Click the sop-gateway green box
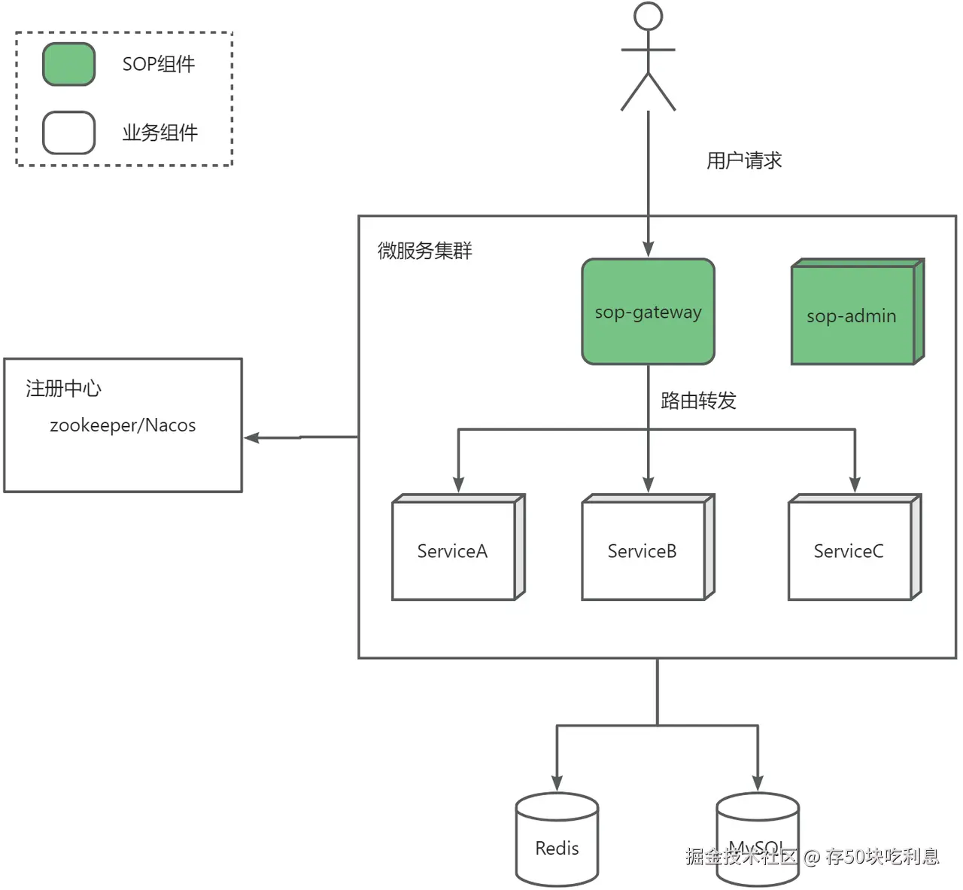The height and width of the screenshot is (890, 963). [648, 312]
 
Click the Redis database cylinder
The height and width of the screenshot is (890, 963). [557, 840]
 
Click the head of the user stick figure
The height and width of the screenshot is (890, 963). [648, 16]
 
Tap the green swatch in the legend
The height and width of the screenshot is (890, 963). [68, 64]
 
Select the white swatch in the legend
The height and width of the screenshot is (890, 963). [68, 133]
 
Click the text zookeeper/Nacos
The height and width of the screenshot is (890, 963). [123, 425]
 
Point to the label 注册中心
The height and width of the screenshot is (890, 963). [63, 389]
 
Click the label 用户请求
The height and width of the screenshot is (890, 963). [744, 160]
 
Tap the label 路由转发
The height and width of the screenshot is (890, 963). [698, 401]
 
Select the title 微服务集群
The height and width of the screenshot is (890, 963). [424, 251]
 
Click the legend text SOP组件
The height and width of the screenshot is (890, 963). [159, 64]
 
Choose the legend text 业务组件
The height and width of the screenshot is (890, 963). [159, 133]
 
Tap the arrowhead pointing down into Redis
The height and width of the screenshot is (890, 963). [557, 783]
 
